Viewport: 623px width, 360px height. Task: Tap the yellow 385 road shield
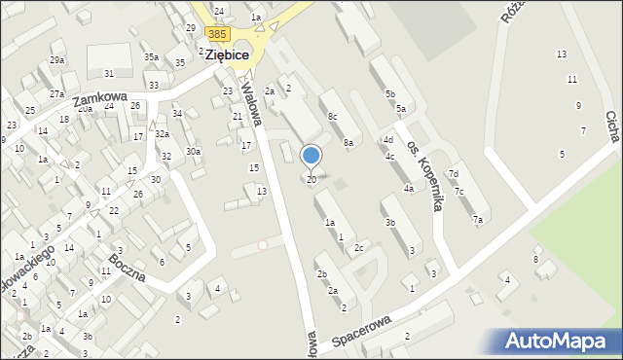218,34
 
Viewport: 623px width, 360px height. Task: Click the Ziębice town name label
229,55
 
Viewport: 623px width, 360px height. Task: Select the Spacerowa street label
359,329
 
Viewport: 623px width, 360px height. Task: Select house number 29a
57,60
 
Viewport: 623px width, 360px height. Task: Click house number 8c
332,117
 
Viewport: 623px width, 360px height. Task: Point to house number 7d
453,174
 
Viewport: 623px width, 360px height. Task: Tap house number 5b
389,93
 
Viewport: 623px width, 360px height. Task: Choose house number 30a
194,152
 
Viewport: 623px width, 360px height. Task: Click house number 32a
162,134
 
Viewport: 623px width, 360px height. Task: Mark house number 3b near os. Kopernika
389,223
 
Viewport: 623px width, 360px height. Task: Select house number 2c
358,248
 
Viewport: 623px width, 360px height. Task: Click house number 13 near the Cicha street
561,54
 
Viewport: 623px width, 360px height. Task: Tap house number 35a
151,57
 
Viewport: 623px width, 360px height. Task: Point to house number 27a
57,94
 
